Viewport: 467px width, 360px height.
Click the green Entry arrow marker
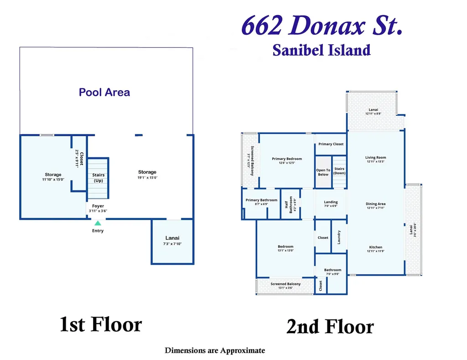point(98,223)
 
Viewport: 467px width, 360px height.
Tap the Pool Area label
point(104,93)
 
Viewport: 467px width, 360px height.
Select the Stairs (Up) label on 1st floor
point(99,178)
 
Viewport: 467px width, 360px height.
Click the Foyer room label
point(98,206)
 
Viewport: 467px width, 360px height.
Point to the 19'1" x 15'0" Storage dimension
point(147,178)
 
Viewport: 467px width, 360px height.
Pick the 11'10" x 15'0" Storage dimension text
point(53,180)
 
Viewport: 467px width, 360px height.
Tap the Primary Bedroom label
point(287,159)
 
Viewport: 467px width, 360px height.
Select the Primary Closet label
point(331,144)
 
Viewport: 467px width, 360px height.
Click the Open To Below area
point(323,172)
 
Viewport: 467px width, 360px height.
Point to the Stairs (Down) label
point(339,171)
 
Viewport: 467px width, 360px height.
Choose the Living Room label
point(376,158)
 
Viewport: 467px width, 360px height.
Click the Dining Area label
point(376,204)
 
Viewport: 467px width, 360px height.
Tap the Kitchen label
point(376,247)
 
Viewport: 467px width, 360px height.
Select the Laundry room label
point(339,237)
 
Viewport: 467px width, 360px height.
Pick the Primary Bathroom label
point(261,200)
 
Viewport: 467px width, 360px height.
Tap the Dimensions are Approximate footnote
point(215,350)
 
